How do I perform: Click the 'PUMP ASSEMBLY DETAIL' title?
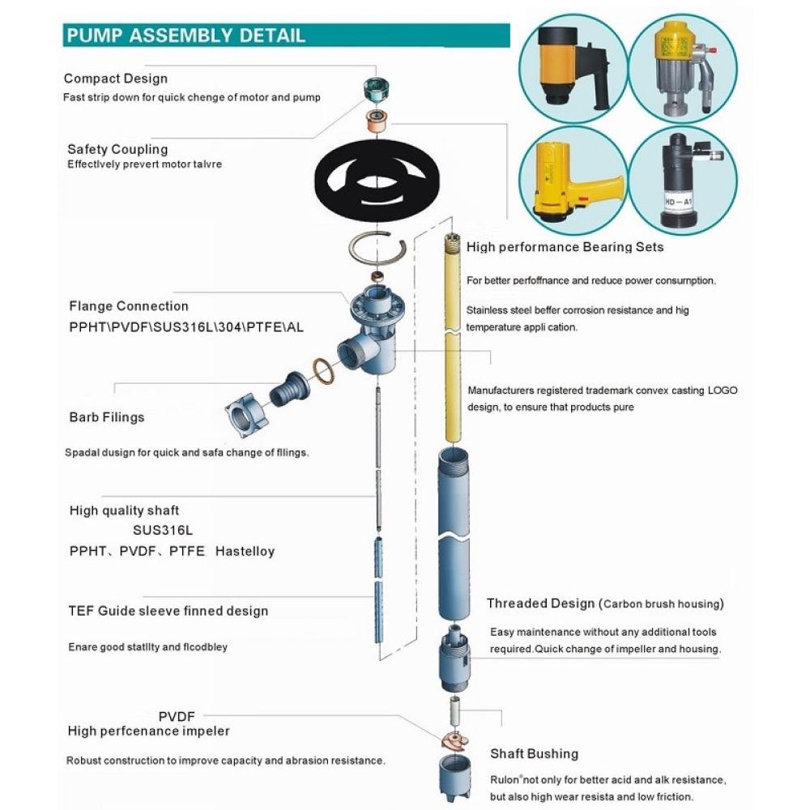[x=185, y=36]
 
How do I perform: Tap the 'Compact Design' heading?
[x=116, y=79]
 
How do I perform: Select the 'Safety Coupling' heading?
[x=117, y=149]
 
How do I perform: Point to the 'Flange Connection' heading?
[x=128, y=306]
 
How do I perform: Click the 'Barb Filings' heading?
[x=106, y=417]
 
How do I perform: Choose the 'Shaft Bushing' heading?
[x=534, y=753]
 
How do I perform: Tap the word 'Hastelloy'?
[x=245, y=551]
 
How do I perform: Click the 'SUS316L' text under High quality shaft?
[x=162, y=531]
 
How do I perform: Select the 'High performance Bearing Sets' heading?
[x=565, y=246]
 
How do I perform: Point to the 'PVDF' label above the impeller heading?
[x=177, y=716]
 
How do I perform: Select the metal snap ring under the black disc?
[x=377, y=247]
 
